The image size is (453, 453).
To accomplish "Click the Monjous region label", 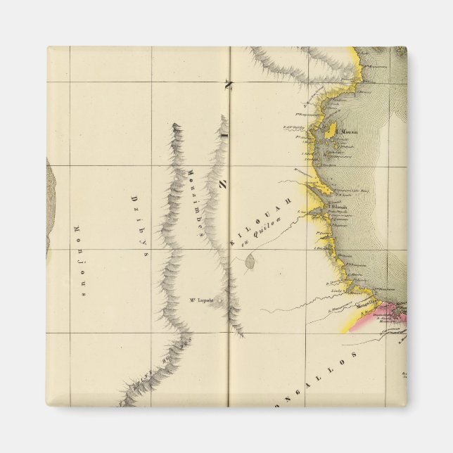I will point(77,261).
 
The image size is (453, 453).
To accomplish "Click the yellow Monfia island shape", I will point(328,132).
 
